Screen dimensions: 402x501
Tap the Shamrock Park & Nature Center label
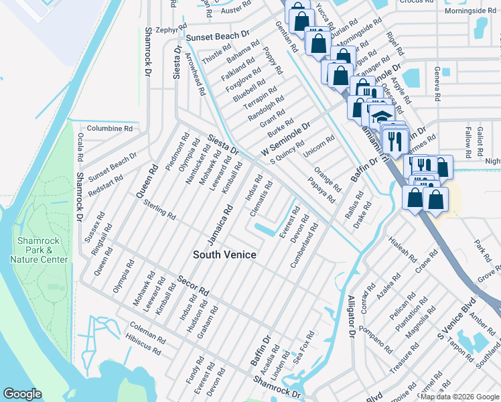click(43, 249)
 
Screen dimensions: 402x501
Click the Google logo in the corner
click(23, 394)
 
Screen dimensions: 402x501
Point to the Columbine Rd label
click(109, 128)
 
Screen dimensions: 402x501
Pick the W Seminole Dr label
click(286, 141)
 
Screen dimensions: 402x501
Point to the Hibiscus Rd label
click(143, 346)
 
